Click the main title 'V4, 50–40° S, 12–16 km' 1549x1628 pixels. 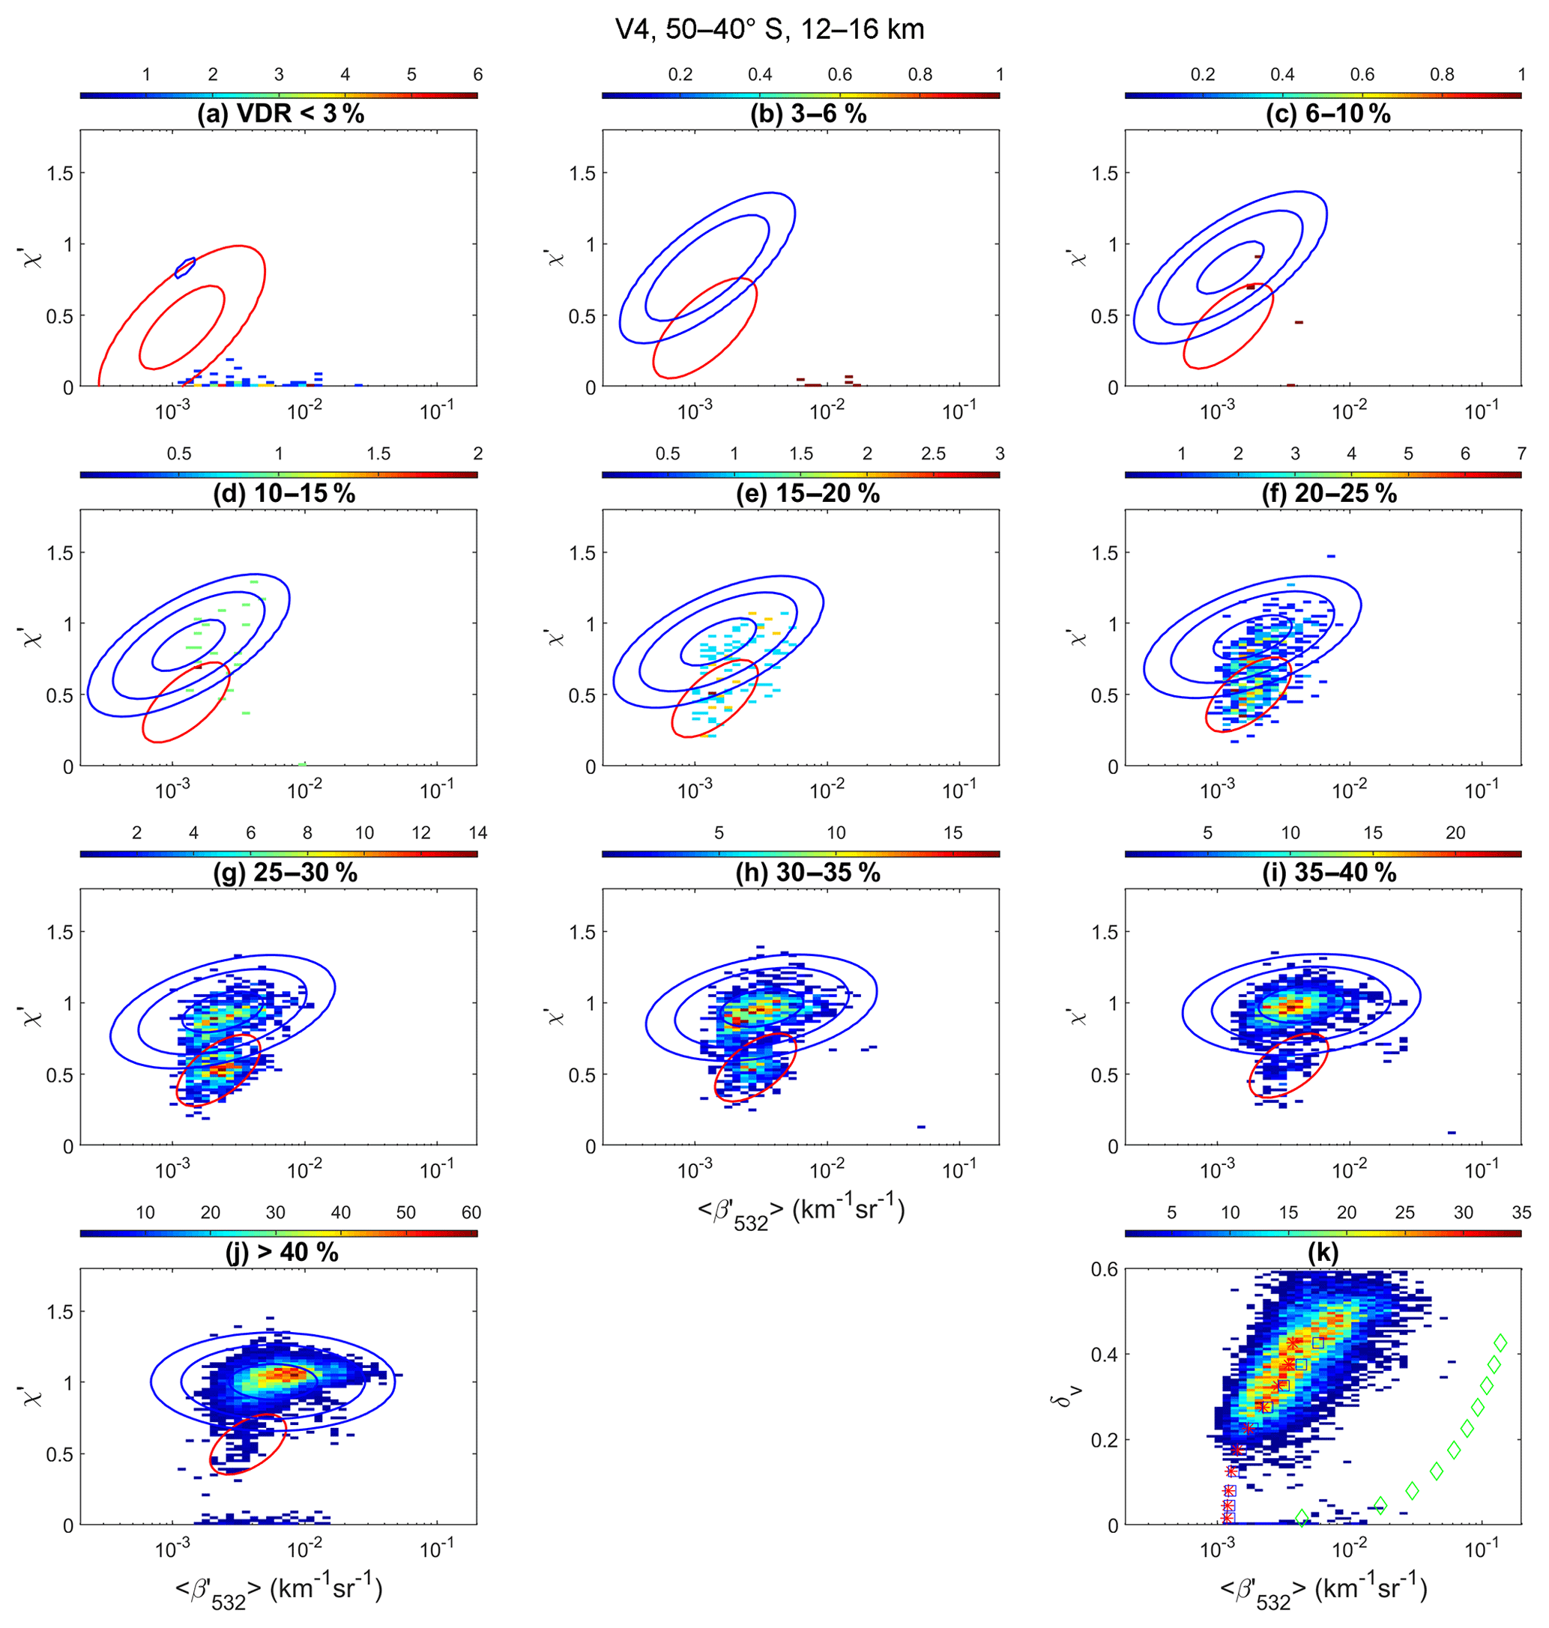pos(770,30)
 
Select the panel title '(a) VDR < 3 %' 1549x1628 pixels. pos(280,114)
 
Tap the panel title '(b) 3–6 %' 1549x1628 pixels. pos(808,114)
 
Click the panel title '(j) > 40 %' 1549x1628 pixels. pos(282,1253)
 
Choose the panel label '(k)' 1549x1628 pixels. pos(1323,1253)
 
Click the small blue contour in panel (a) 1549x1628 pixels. pos(185,267)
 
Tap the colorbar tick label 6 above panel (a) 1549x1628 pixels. pos(477,75)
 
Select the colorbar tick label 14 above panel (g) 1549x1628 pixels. pos(477,833)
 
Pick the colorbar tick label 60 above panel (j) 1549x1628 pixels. pos(471,1212)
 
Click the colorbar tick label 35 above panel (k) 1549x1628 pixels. pos(1521,1212)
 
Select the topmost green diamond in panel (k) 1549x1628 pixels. pos(1500,1343)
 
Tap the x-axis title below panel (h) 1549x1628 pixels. pos(801,1212)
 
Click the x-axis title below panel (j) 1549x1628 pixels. pos(279,1590)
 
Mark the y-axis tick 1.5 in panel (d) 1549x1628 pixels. pos(59,553)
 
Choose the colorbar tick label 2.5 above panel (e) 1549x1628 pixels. pos(933,454)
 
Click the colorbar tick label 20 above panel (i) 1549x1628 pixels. pos(1455,833)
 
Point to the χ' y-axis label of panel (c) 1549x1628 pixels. pos(1078,257)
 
